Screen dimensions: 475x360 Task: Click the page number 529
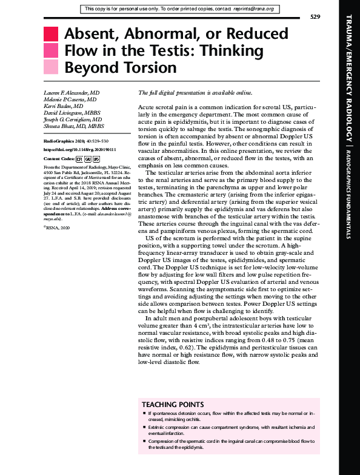[x=315, y=16]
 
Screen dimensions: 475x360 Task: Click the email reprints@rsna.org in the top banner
[x=252, y=9]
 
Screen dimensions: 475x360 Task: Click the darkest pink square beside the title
[x=51, y=34]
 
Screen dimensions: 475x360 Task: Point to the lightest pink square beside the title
[x=51, y=66]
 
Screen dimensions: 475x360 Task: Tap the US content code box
[x=97, y=158]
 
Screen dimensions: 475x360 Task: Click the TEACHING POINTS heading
[x=172, y=404]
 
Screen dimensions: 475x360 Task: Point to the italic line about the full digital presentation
[x=195, y=93]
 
